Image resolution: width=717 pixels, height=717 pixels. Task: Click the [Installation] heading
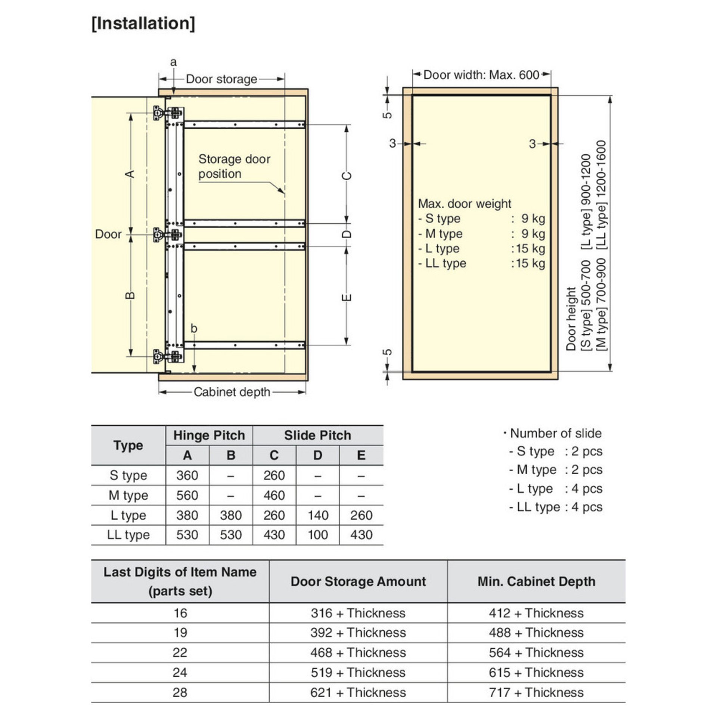[x=143, y=24]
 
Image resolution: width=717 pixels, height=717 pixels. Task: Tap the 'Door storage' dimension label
[x=221, y=79]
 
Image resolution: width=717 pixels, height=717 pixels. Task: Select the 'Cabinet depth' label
[x=232, y=392]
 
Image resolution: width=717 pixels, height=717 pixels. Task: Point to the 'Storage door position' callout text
[x=234, y=166]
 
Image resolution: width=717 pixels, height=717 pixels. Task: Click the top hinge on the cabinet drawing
[x=168, y=112]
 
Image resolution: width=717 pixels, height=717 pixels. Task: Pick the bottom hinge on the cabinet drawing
[x=168, y=356]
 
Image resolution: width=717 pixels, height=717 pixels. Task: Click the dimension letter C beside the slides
[x=347, y=176]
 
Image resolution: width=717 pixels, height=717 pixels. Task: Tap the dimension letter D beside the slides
[x=347, y=235]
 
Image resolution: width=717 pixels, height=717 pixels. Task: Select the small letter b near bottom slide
[x=193, y=329]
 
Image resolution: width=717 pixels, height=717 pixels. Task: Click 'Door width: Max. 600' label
[x=481, y=75]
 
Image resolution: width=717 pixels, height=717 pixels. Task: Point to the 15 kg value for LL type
[x=528, y=263]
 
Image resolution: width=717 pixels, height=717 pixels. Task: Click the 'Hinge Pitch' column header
[x=209, y=435]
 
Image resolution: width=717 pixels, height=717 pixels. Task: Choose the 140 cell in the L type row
[x=317, y=515]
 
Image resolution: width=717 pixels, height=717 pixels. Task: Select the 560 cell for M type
[x=187, y=496]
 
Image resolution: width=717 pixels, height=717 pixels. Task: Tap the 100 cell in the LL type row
[x=317, y=535]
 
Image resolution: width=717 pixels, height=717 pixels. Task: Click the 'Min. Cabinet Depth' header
[x=536, y=581]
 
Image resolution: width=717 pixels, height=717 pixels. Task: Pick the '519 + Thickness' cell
[x=358, y=673]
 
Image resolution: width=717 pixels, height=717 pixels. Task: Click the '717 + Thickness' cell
[x=536, y=693]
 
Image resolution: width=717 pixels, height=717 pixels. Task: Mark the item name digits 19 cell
[x=180, y=633]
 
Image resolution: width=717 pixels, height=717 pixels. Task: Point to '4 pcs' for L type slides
[x=587, y=488]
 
